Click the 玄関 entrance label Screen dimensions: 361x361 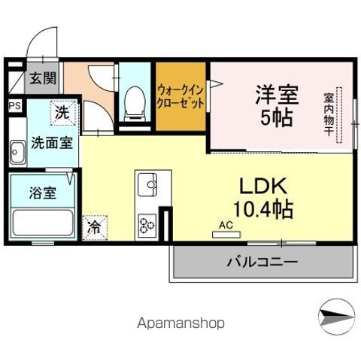43,78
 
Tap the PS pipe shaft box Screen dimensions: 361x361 15,106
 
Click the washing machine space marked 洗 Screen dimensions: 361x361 63,112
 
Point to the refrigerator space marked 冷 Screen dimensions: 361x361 95,228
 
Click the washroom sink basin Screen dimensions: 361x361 17,152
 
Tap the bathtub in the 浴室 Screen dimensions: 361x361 43,223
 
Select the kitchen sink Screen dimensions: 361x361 147,185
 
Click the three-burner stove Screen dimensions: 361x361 147,226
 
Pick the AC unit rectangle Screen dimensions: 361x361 226,235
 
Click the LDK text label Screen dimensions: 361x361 263,186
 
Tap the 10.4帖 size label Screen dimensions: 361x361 263,209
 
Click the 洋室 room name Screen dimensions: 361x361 277,95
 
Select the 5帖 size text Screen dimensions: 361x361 277,117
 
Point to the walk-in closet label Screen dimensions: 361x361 180,96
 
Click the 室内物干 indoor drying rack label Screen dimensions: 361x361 329,114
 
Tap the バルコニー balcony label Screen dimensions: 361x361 262,262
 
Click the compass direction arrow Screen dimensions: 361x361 337,317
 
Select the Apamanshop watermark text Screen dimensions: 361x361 180,323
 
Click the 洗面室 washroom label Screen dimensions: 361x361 52,143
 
